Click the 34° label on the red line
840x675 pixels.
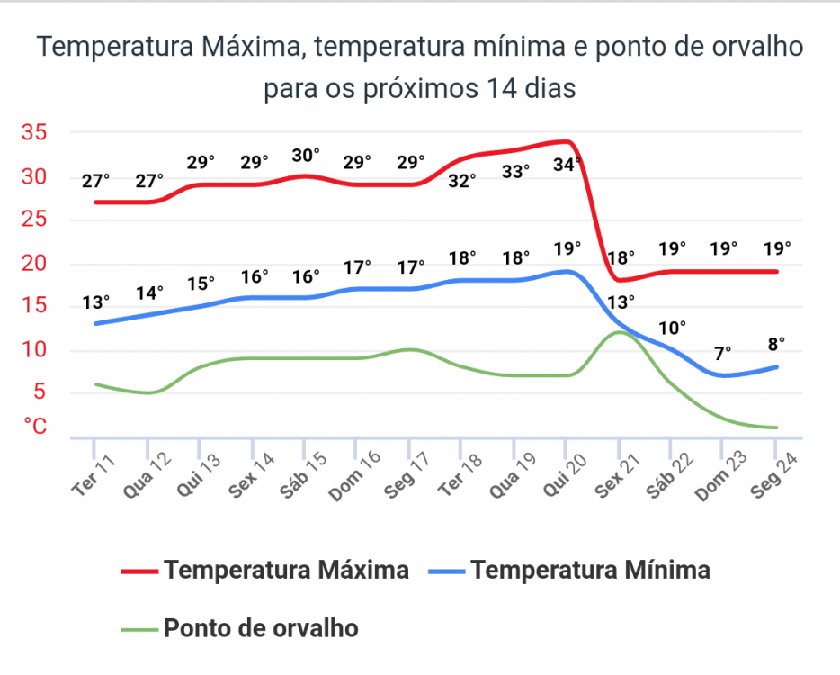click(567, 165)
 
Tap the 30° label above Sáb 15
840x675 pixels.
click(307, 155)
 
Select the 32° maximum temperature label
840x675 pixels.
click(462, 181)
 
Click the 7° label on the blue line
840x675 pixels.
click(723, 354)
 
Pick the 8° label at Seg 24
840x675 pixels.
click(776, 343)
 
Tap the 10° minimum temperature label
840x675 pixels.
click(671, 328)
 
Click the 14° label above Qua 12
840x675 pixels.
click(149, 293)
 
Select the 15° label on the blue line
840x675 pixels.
click(201, 283)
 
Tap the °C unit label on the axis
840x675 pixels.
click(35, 426)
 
